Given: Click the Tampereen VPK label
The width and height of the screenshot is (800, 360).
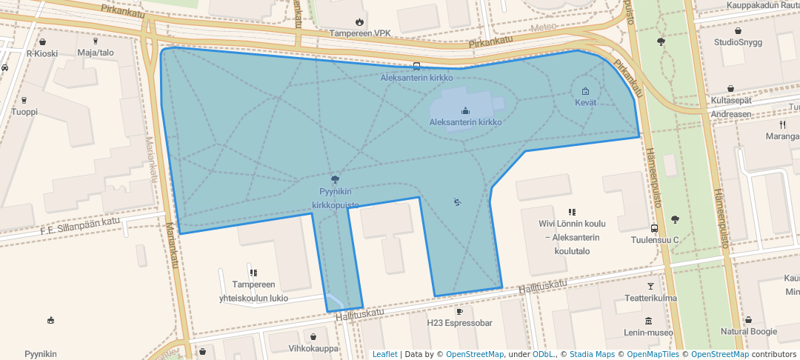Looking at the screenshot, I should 359,34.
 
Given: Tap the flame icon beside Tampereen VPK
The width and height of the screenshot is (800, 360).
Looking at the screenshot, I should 359,22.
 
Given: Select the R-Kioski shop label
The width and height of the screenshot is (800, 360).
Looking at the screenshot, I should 41,53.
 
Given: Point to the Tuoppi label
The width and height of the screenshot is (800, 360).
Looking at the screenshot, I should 24,112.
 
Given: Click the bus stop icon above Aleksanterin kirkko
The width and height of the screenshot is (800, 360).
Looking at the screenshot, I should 416,66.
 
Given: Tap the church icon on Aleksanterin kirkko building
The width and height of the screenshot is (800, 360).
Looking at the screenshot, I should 465,111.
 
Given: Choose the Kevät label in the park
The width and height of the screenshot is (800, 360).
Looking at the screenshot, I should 585,103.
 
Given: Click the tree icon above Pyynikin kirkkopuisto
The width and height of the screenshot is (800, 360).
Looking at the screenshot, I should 336,179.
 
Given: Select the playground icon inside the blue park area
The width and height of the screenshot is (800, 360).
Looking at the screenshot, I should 457,201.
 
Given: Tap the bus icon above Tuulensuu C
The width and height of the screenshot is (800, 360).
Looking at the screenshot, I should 655,228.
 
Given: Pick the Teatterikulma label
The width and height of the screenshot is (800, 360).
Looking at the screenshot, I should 650,299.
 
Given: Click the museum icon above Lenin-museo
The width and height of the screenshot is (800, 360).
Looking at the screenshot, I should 649,321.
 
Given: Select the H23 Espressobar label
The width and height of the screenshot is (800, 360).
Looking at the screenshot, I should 459,323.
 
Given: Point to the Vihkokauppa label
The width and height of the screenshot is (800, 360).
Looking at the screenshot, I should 313,347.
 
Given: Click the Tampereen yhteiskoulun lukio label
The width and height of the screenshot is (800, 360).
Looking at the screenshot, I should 253,291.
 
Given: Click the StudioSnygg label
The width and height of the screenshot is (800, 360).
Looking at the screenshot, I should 738,42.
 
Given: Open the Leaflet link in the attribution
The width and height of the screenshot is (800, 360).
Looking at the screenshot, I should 384,354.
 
